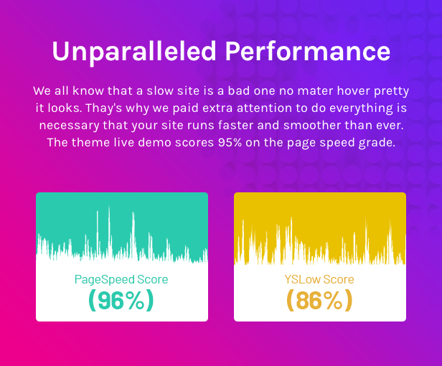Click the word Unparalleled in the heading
point(134,52)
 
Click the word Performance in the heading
point(308,51)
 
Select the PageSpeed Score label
point(121,279)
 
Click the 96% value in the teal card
point(121,301)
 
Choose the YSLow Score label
point(319,279)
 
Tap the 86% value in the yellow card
point(319,301)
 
